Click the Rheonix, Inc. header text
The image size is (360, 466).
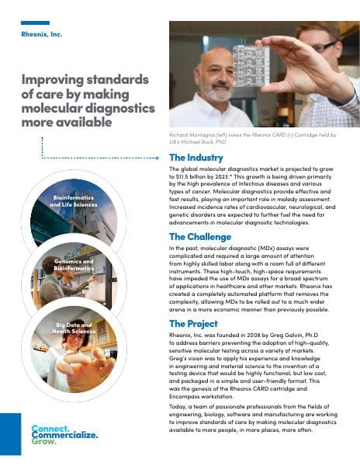pyautogui.click(x=41, y=35)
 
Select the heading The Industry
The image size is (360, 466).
pyautogui.click(x=196, y=158)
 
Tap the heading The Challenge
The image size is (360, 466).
pyautogui.click(x=199, y=236)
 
